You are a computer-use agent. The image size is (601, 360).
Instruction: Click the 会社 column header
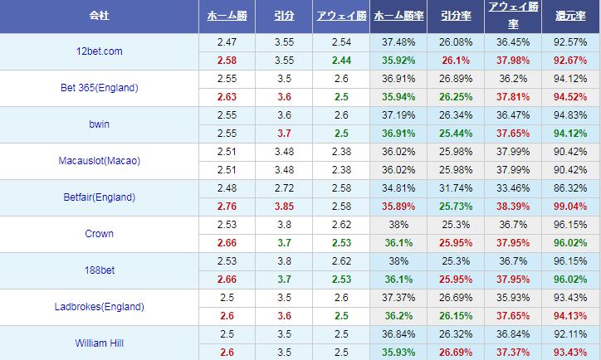(100, 16)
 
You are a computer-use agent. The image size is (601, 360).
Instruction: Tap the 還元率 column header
(570, 16)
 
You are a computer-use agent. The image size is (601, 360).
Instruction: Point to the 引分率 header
(456, 16)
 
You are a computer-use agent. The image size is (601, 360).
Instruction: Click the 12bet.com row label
(100, 51)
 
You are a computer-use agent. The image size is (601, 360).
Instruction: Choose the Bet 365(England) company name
(100, 88)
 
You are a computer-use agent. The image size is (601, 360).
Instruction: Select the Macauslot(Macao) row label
(100, 161)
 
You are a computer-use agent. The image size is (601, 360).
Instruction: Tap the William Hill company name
(100, 343)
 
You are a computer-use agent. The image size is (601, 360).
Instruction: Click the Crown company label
(100, 234)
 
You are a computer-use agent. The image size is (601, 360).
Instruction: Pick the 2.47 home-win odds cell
(227, 41)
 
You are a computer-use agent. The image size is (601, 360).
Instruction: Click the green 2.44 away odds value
(341, 61)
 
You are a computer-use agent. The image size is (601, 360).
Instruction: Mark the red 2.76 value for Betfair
(227, 206)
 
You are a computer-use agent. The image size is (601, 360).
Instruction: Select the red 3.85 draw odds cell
(284, 206)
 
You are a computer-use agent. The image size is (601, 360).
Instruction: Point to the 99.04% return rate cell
(570, 206)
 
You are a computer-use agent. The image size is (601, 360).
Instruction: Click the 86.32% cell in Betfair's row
(570, 187)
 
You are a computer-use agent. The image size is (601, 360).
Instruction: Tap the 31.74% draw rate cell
(456, 187)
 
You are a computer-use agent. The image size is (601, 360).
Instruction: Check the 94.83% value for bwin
(570, 114)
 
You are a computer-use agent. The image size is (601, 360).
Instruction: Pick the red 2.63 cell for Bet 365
(227, 96)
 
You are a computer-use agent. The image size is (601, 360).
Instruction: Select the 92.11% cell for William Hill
(570, 333)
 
